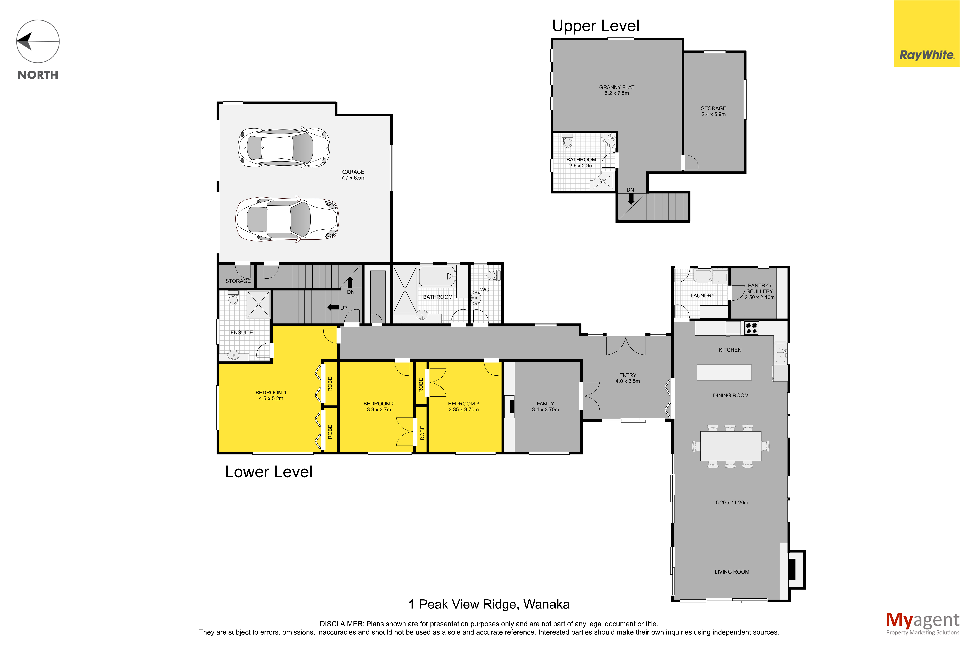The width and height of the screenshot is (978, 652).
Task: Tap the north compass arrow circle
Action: tap(38, 42)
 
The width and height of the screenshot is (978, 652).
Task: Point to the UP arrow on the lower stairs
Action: tap(333, 307)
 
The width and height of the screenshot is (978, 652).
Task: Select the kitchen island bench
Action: tap(724, 372)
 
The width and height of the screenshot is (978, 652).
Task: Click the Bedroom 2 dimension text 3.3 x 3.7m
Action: tap(379, 410)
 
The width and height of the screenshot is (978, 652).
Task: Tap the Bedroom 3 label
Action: tap(463, 404)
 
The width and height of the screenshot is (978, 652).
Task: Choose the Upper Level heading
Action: tap(595, 26)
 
